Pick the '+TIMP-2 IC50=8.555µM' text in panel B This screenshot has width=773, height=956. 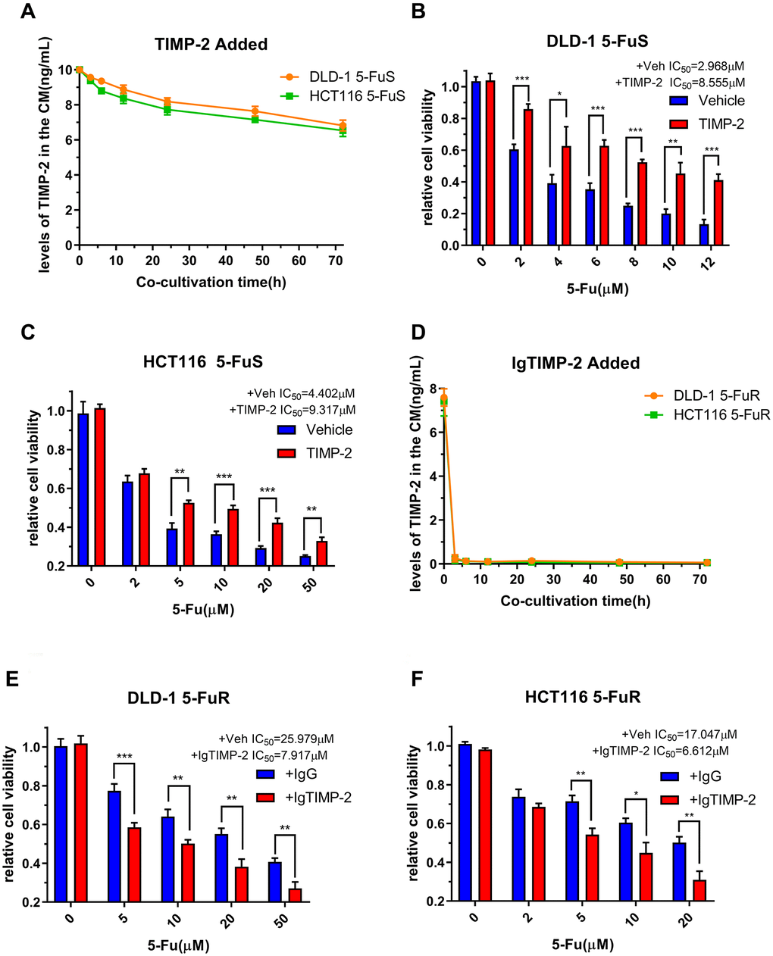click(690, 82)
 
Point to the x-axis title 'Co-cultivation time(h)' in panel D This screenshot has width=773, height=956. click(575, 601)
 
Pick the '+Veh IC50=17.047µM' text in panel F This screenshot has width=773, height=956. click(679, 734)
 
